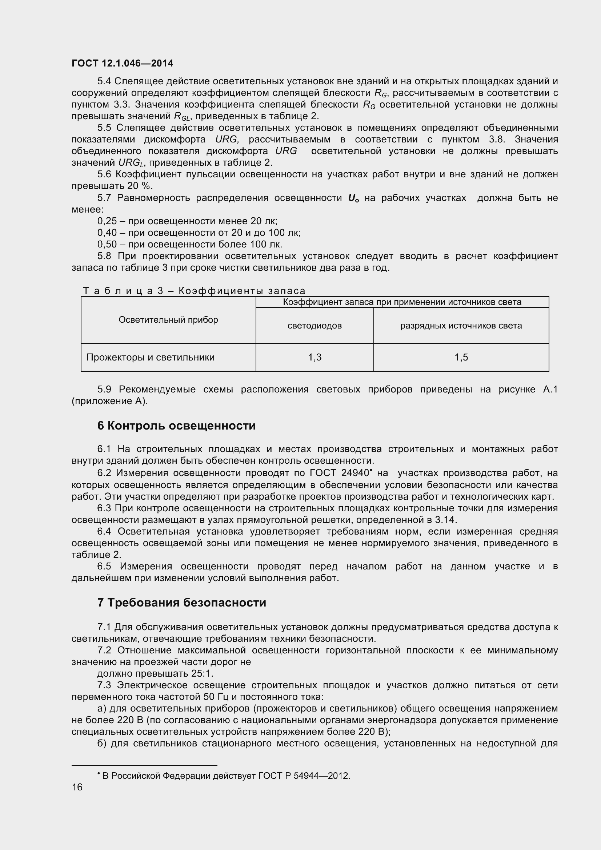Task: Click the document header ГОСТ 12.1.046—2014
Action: pos(122,63)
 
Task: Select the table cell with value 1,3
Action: pos(314,357)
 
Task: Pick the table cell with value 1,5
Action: pos(461,357)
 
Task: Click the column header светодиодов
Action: pos(314,326)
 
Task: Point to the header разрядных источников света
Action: pos(461,326)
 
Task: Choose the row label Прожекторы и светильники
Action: pos(151,357)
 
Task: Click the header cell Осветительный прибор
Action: pos(168,320)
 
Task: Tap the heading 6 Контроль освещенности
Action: pos(176,426)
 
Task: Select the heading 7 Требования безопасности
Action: pos(181,603)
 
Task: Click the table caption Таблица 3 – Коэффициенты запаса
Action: pos(194,291)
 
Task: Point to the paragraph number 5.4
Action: pos(104,81)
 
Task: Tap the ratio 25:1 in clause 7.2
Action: pos(202,673)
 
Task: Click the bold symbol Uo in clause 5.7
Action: pos(353,198)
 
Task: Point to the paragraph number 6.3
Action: pos(104,509)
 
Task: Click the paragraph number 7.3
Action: pos(104,685)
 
